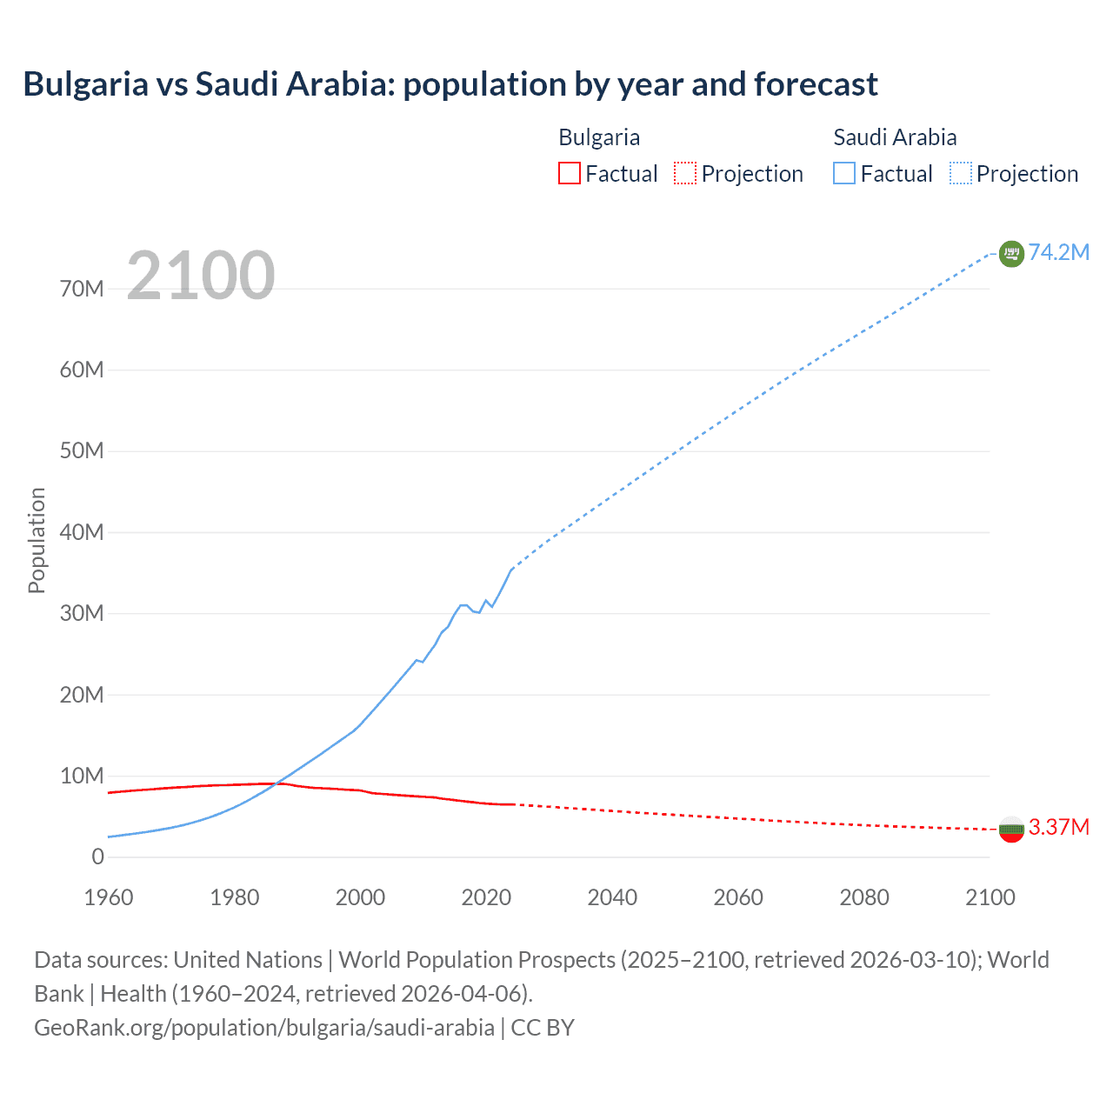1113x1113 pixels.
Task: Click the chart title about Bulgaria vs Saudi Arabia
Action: tap(450, 84)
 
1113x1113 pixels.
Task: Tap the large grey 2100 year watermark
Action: tap(201, 276)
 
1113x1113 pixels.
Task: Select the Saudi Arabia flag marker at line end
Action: tap(1010, 253)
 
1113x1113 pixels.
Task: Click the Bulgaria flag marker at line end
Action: tap(1010, 829)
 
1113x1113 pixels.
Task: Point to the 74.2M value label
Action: tap(1058, 252)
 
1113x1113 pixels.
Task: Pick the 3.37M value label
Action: tap(1058, 827)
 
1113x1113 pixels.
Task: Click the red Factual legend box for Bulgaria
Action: tap(569, 173)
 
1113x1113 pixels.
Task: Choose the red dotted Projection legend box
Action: tap(685, 173)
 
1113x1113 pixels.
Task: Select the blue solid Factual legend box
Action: tap(843, 173)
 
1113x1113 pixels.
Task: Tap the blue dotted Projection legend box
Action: tap(960, 173)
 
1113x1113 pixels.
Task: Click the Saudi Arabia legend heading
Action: tap(895, 137)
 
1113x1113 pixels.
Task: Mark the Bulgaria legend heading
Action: tap(599, 137)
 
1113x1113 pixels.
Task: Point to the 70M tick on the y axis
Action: tap(82, 289)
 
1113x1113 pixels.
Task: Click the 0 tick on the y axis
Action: tap(97, 857)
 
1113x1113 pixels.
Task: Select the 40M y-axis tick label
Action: tap(82, 532)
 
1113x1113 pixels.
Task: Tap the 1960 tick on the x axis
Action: tap(109, 897)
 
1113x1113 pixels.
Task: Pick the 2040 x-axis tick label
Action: tap(612, 897)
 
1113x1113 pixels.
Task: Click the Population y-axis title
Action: tap(37, 540)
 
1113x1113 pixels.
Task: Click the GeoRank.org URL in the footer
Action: tap(263, 1028)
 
